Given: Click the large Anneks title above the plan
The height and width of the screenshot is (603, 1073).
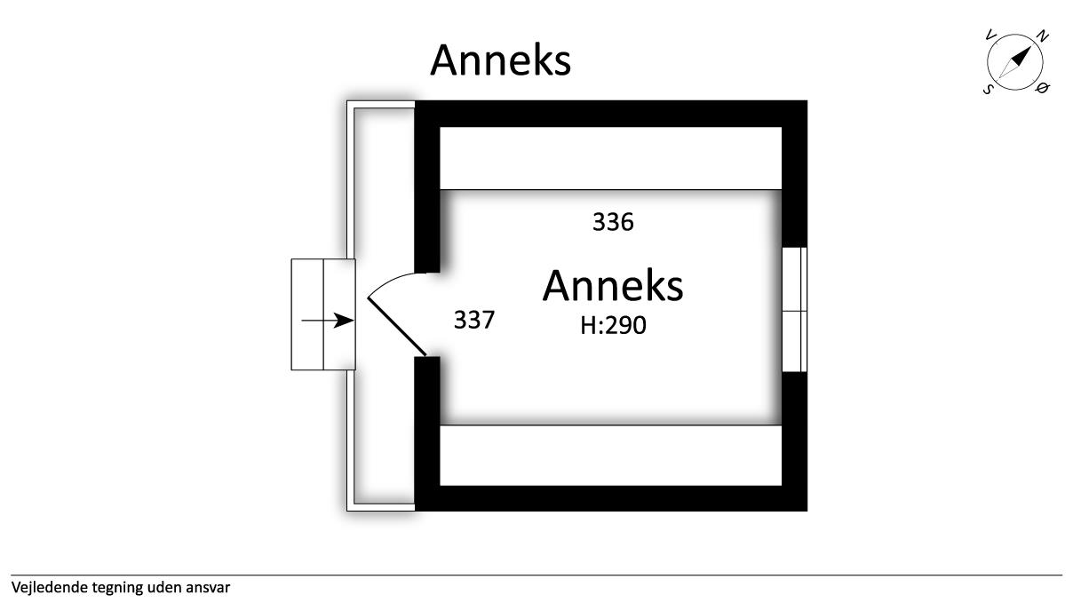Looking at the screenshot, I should (x=500, y=60).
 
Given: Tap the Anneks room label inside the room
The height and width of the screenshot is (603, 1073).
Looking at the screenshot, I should (x=613, y=286).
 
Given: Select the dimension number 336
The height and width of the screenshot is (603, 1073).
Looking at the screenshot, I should (x=613, y=222).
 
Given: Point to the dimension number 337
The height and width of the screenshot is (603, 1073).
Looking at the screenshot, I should (x=473, y=321).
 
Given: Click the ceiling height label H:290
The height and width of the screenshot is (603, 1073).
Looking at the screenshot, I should (x=613, y=326).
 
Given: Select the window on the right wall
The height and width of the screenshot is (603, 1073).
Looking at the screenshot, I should (x=794, y=310).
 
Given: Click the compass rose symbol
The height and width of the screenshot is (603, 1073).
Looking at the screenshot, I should (x=1016, y=62).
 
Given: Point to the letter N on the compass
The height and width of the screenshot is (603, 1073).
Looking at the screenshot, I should (x=1043, y=36).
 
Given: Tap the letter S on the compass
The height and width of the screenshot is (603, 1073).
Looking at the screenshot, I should (x=988, y=89).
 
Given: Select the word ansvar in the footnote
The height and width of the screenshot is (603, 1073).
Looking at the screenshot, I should (x=210, y=587).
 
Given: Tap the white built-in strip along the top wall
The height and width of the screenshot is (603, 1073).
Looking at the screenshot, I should (x=611, y=158).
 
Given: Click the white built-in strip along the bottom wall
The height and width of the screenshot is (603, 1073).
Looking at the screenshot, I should (x=611, y=456).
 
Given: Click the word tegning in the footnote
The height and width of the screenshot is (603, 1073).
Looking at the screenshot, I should (x=115, y=587).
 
